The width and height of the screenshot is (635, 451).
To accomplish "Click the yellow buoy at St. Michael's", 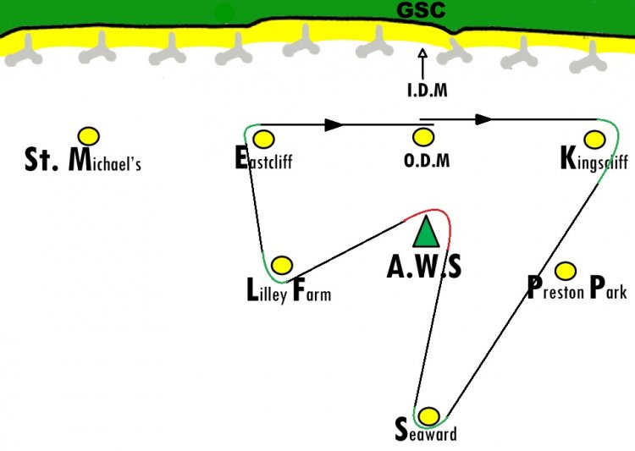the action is (x=89, y=136).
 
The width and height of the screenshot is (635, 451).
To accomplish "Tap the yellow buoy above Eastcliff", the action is (x=263, y=140).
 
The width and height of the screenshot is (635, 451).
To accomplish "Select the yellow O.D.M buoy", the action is (x=423, y=137).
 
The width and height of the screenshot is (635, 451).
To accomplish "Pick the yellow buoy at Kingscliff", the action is (x=595, y=140).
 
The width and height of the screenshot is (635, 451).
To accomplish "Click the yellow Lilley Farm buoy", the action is (x=282, y=265).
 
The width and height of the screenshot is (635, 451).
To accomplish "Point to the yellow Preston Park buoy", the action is (x=566, y=271).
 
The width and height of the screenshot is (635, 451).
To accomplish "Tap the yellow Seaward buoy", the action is (x=428, y=416).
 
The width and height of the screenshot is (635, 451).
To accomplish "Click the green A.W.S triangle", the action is (x=426, y=232).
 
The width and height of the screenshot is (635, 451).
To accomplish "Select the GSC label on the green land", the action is (x=421, y=9).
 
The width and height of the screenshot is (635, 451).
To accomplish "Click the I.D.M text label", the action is (x=428, y=91).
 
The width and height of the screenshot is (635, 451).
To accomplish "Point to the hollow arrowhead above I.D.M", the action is (x=422, y=53).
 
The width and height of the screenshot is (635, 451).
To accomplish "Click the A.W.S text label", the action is (x=424, y=267).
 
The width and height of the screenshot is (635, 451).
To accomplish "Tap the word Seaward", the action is (x=426, y=430).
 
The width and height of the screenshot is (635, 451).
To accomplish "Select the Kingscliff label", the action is (x=594, y=160).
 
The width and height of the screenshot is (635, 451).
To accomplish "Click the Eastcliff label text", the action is (x=263, y=159).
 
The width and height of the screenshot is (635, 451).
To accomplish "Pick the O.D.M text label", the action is (x=427, y=161).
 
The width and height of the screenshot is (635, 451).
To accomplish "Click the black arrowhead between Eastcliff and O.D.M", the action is (x=334, y=124).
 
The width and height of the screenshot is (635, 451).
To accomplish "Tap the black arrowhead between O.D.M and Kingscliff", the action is (x=484, y=119).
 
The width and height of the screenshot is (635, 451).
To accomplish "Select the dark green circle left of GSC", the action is (x=224, y=14).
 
